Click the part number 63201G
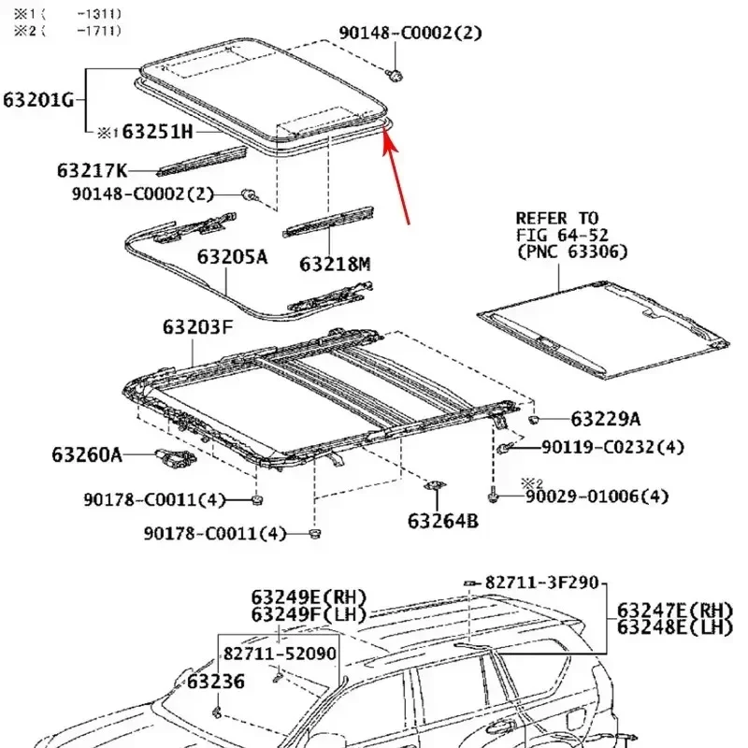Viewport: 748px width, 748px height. click(x=38, y=99)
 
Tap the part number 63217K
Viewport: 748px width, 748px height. click(x=92, y=170)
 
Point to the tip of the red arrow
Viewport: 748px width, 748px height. click(x=384, y=130)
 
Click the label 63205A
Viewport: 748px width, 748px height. click(x=232, y=255)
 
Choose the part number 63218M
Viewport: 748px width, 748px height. click(x=335, y=265)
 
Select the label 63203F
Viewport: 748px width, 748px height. click(x=196, y=327)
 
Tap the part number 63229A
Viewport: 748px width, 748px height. click(x=606, y=420)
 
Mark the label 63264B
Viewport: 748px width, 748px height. click(x=442, y=520)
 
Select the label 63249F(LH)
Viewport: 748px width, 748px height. click(x=309, y=614)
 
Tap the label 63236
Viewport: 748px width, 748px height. click(x=215, y=682)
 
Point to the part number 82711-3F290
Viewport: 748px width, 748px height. click(x=540, y=583)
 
